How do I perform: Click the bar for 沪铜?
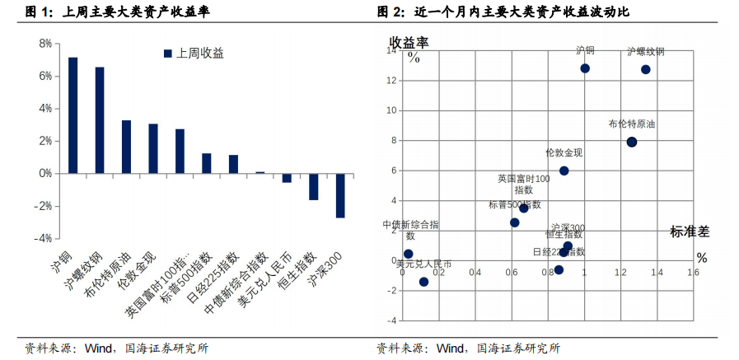(x=73, y=115)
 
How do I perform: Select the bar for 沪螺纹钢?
(x=100, y=120)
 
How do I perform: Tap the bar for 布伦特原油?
(x=126, y=147)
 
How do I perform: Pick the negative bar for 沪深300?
(x=339, y=195)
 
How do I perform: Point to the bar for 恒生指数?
(x=313, y=187)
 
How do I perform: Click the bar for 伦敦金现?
(x=153, y=149)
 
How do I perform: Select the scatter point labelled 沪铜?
(x=585, y=68)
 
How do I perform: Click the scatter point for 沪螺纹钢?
(x=646, y=69)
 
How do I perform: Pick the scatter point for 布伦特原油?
(x=632, y=142)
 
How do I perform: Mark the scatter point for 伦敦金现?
(x=564, y=171)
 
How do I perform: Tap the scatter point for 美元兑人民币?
(x=423, y=282)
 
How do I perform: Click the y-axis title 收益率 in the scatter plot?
(x=409, y=41)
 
